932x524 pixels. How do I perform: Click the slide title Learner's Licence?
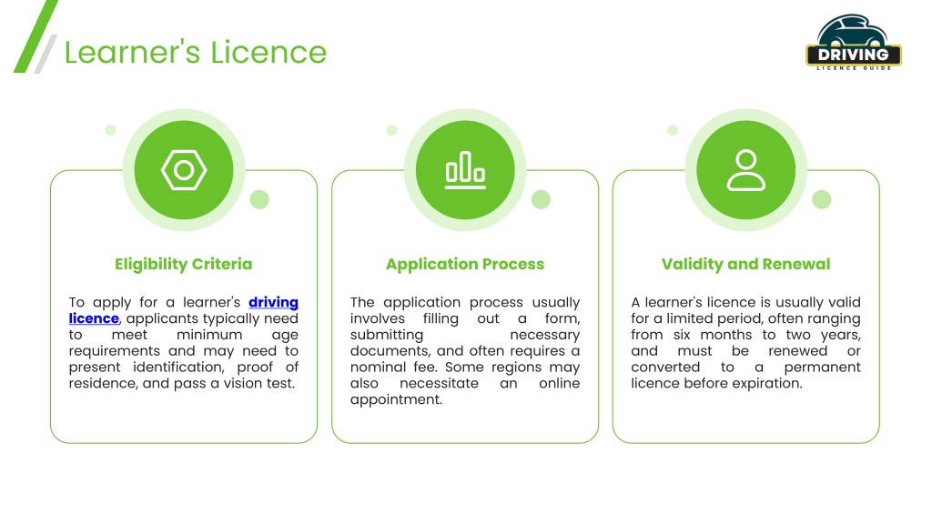[x=196, y=52]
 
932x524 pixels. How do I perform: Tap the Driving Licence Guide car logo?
[x=854, y=43]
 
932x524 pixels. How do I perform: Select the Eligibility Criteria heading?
[x=184, y=265]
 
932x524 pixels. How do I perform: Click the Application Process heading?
[x=465, y=265]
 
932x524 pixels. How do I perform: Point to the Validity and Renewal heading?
[x=746, y=265]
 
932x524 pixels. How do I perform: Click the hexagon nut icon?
[x=184, y=170]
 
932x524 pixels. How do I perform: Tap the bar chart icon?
[x=465, y=170]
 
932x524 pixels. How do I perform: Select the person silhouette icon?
[x=746, y=170]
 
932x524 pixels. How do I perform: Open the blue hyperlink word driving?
[x=273, y=302]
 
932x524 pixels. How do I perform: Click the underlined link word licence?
[x=94, y=318]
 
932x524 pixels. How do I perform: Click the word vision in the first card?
[x=241, y=383]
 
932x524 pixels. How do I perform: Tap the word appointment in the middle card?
[x=396, y=400]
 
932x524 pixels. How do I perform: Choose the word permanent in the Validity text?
[x=822, y=368]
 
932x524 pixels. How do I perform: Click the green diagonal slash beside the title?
[x=35, y=36]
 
